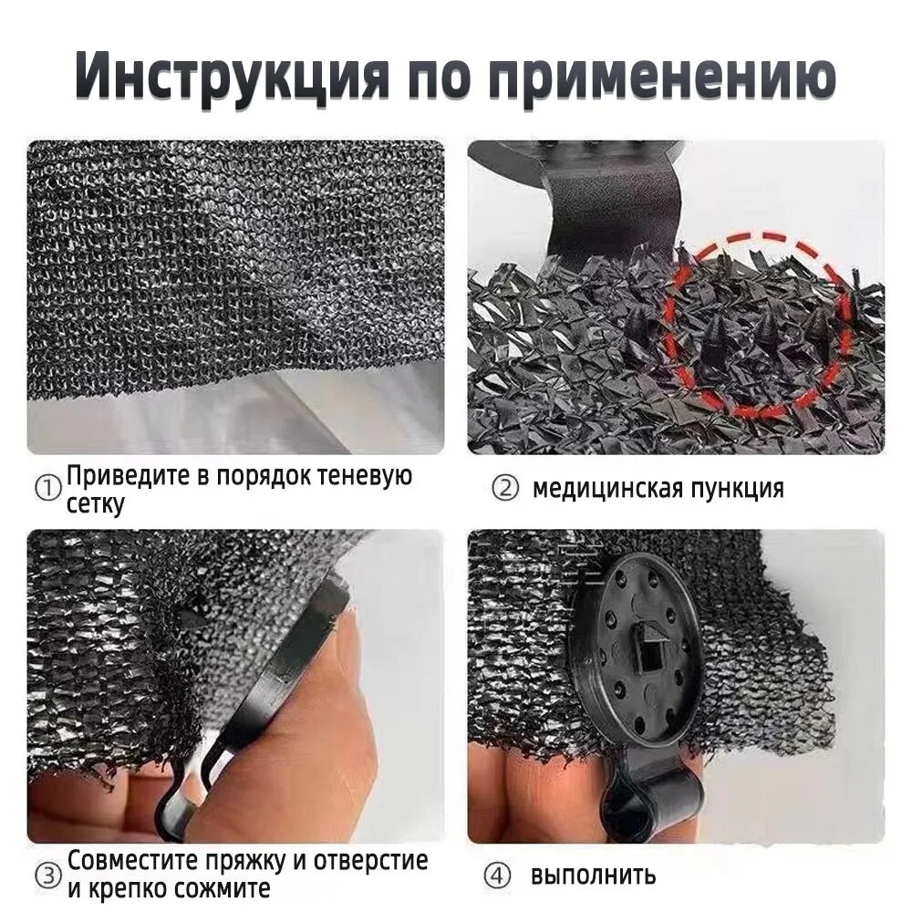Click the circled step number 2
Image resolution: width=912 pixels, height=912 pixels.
tap(504, 489)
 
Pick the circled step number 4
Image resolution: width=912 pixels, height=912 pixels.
tap(497, 876)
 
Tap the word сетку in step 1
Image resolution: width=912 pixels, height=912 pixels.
tap(96, 504)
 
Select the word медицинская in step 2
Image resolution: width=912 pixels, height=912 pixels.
tap(607, 489)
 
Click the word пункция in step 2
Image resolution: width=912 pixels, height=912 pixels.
tap(737, 490)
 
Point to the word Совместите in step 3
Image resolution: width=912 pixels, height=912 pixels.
tap(136, 860)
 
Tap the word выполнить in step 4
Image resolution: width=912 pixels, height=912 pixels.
tap(593, 876)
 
